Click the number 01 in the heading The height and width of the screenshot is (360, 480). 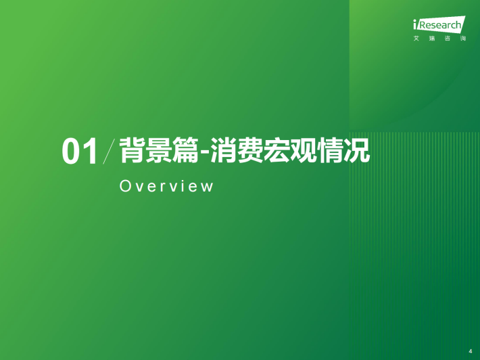tap(80, 152)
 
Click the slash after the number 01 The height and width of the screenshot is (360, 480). tap(109, 152)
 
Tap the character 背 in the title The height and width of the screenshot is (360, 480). tap(132, 150)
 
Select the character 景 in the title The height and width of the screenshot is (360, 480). tap(158, 150)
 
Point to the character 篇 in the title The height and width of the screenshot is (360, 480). tap(185, 150)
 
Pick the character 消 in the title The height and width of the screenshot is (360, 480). tap(224, 150)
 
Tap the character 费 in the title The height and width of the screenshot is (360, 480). tap(250, 150)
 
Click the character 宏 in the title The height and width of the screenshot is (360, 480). tap(277, 150)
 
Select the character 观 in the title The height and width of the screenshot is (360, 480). tap(303, 150)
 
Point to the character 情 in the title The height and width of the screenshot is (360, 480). tap(329, 150)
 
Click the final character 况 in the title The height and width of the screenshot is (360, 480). tap(356, 150)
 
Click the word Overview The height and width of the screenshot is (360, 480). tap(166, 186)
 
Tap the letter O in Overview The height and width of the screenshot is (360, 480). tap(125, 186)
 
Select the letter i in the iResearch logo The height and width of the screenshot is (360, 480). tap(415, 24)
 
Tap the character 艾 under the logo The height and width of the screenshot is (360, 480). tap(416, 39)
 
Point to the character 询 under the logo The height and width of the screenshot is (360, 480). tap(463, 39)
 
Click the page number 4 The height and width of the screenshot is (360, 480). tap(471, 351)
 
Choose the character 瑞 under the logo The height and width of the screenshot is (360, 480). tap(432, 39)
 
